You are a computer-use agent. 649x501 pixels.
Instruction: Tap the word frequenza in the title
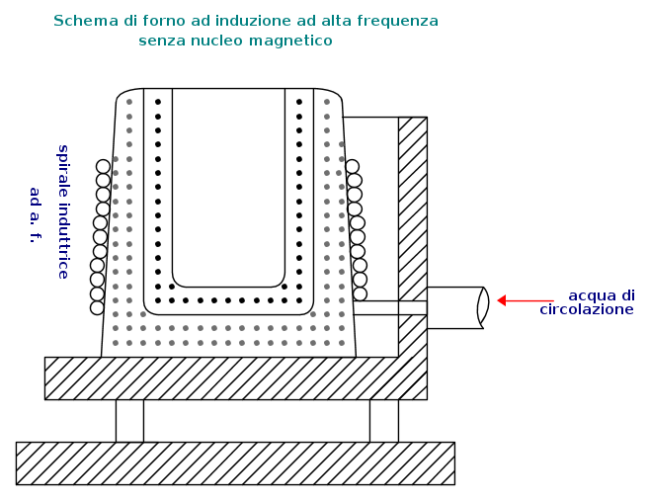[x=398, y=22]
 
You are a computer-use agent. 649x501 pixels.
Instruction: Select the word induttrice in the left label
[x=63, y=241]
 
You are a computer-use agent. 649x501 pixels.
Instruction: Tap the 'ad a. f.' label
[x=36, y=215]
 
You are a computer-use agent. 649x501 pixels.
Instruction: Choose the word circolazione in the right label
[x=587, y=309]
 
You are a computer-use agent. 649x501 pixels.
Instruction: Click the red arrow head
[x=501, y=300]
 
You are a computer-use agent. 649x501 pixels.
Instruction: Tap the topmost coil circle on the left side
[x=103, y=166]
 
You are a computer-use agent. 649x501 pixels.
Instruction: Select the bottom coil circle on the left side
[x=97, y=307]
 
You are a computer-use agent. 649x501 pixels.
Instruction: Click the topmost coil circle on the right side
[x=352, y=166]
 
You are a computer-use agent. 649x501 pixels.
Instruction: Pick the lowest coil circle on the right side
[x=360, y=293]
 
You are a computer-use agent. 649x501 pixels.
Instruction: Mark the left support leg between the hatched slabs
[x=129, y=421]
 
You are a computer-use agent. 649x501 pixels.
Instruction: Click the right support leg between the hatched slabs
[x=384, y=421]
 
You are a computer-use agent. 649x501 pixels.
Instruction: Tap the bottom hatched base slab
[x=235, y=463]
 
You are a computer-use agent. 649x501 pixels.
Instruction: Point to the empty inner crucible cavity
[x=228, y=187]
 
